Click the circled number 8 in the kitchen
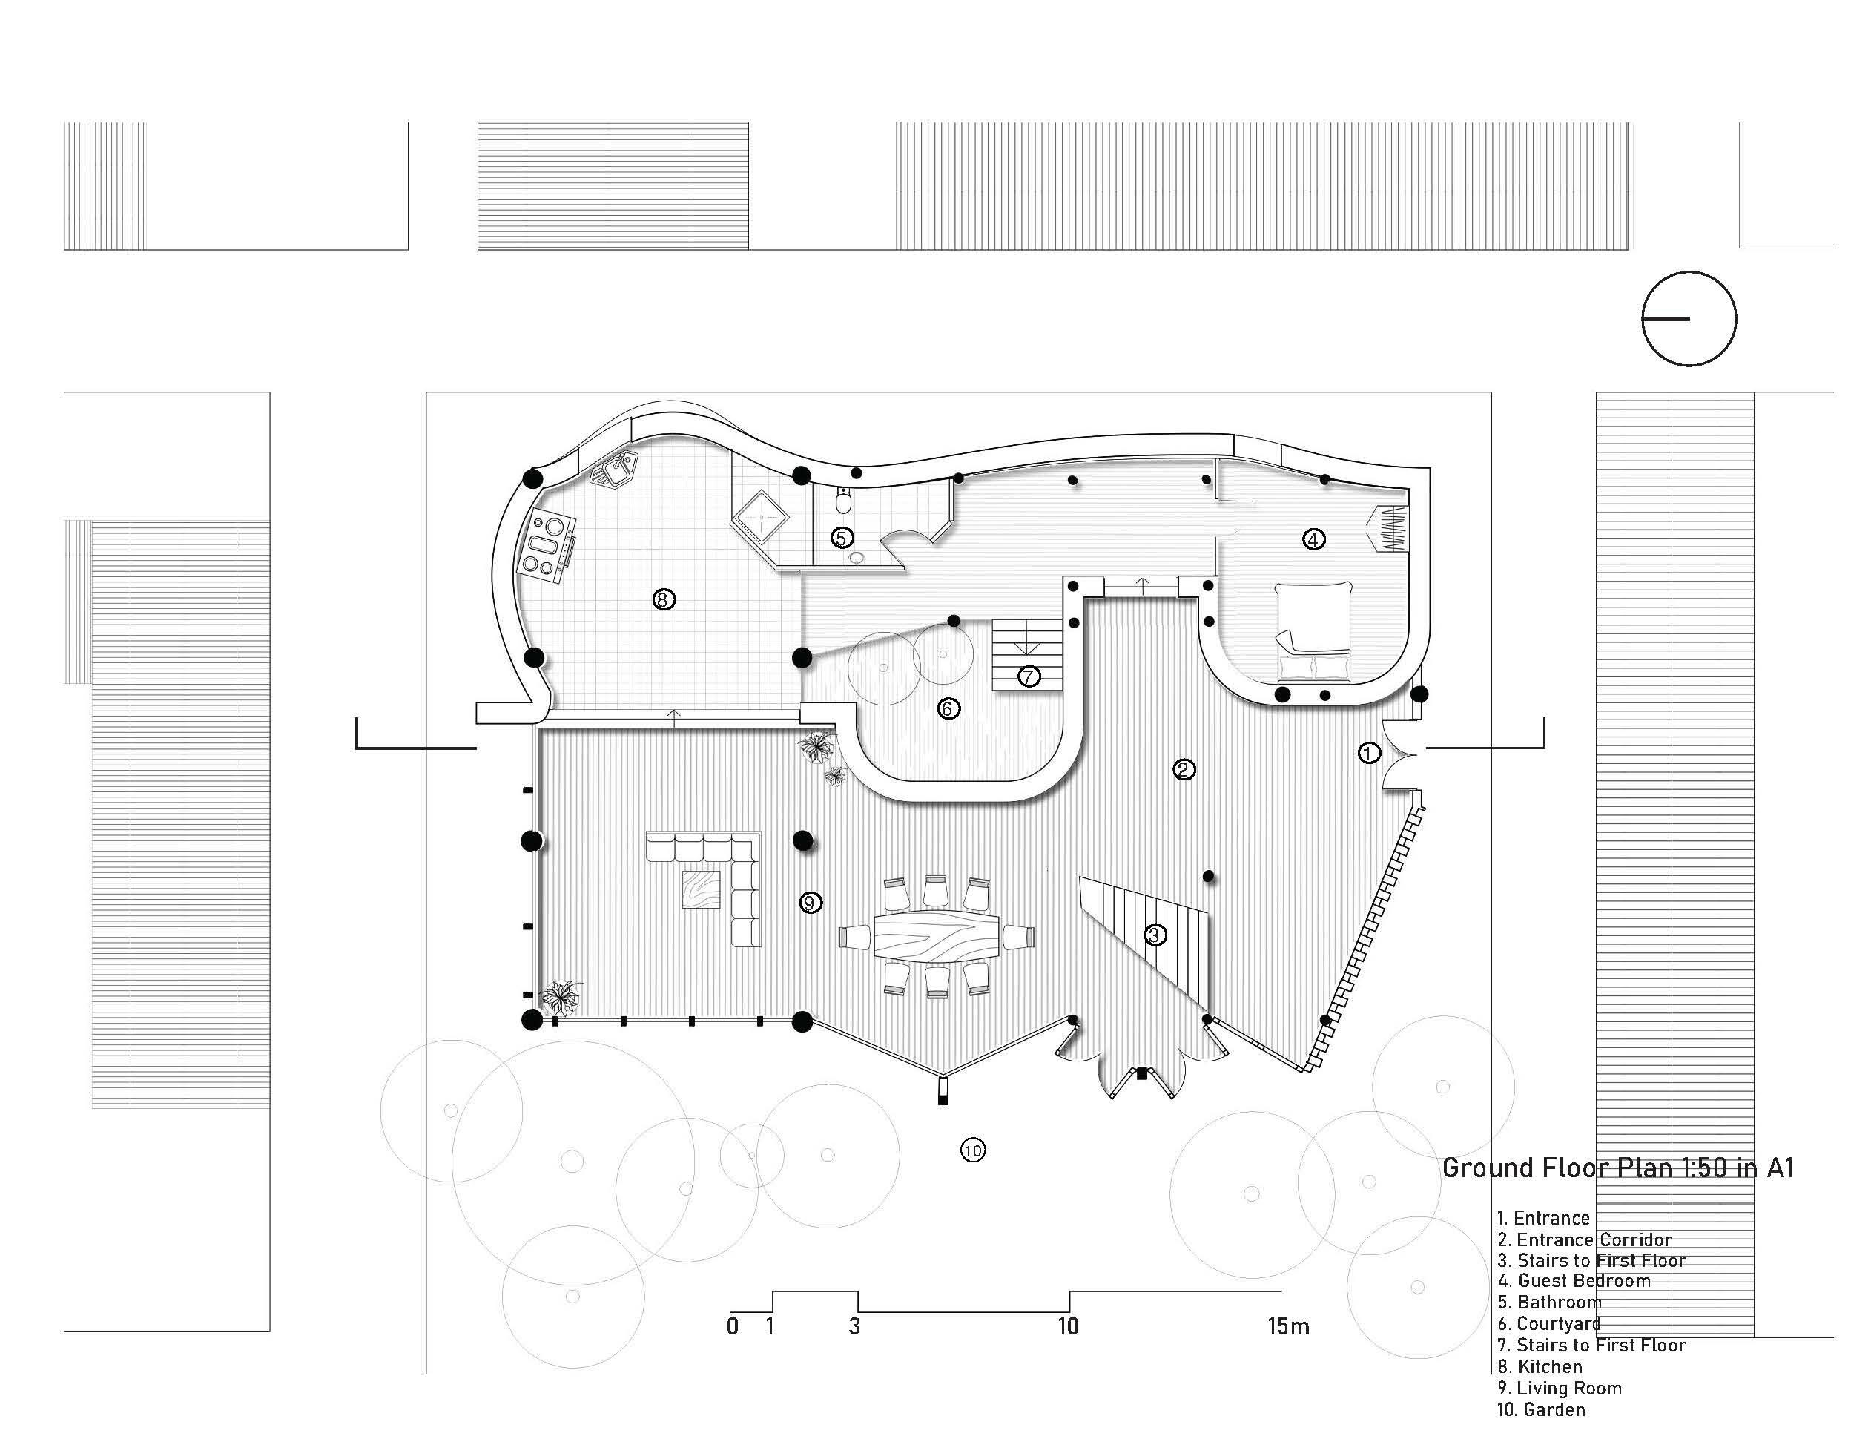click(663, 599)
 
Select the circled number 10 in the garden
click(973, 1150)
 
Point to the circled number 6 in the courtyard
click(948, 708)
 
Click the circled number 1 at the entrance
click(1369, 753)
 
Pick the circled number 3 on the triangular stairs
click(1155, 935)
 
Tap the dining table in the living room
click(937, 935)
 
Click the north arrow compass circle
click(1689, 319)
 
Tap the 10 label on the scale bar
click(1067, 1327)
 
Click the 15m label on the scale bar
click(1288, 1327)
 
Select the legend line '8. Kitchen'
click(1540, 1367)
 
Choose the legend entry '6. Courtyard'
click(1549, 1324)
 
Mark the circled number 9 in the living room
click(810, 902)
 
